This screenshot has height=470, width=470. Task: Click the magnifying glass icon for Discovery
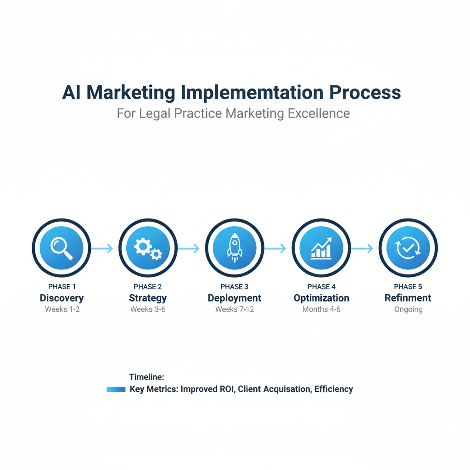point(62,248)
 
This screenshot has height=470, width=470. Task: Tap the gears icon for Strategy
point(148,248)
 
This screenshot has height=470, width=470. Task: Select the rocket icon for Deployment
point(235,248)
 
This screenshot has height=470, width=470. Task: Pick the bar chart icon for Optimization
point(321,248)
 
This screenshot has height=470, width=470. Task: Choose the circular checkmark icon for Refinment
point(408,248)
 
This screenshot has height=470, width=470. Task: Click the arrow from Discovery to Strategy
point(102,248)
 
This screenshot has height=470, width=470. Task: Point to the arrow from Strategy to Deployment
point(189,248)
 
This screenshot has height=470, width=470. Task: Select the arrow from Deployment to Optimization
point(275,248)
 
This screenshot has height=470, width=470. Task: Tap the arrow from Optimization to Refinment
point(362,248)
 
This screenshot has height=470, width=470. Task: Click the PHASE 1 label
point(62,287)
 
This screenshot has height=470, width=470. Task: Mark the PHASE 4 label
point(321,287)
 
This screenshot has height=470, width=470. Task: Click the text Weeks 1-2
point(62,309)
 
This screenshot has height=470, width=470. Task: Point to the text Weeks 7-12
point(235,309)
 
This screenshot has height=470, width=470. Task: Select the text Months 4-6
point(321,309)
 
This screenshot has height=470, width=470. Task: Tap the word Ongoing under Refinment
point(408,309)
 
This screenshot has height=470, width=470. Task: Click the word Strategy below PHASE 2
point(148,298)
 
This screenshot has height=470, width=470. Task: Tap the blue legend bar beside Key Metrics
point(116,389)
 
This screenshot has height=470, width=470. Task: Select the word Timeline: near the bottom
point(146,377)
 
